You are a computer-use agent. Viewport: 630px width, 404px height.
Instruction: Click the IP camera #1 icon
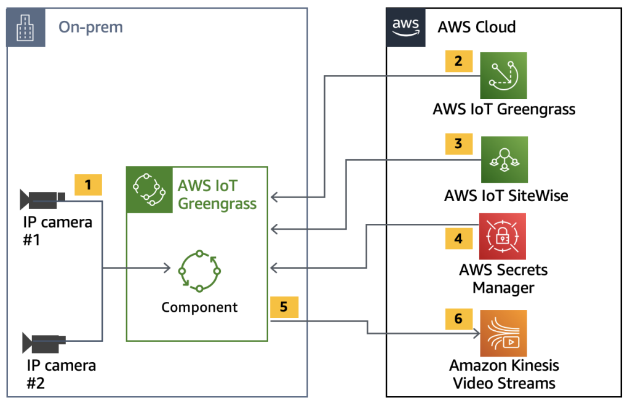(x=42, y=198)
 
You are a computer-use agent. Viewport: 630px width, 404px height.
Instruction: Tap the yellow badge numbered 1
(x=88, y=184)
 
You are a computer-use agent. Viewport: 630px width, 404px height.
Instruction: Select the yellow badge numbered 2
(x=458, y=61)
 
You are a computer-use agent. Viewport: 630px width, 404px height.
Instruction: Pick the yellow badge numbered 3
(x=458, y=144)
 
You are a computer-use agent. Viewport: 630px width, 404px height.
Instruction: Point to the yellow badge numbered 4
(x=458, y=239)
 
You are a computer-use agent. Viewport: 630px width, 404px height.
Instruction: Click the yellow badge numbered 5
(x=284, y=307)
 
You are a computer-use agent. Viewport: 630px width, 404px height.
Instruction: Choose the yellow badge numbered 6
(x=458, y=320)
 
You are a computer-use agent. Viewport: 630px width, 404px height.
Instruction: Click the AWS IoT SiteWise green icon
(x=504, y=160)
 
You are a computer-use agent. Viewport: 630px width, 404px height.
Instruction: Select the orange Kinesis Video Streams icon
(x=503, y=333)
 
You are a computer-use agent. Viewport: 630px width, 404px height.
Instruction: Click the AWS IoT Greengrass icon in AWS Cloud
(x=503, y=76)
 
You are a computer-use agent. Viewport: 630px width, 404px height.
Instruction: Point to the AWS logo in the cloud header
(x=405, y=27)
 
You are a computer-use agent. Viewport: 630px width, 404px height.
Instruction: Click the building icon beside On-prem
(x=26, y=28)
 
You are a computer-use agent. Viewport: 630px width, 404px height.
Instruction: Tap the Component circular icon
(x=199, y=271)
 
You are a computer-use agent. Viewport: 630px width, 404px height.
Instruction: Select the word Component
(x=199, y=307)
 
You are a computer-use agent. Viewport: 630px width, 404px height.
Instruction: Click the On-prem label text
(x=90, y=27)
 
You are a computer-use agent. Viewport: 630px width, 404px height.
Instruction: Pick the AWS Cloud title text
(x=476, y=27)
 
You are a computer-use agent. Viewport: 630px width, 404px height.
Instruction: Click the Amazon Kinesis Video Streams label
(x=504, y=374)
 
